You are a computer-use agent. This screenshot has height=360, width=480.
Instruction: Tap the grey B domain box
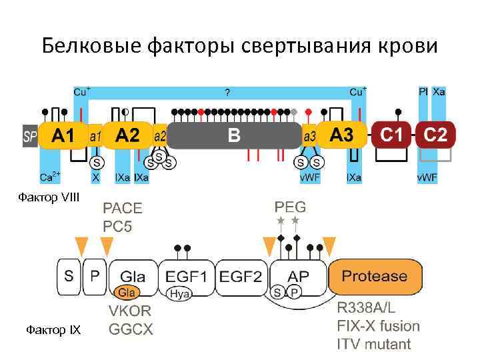point(233,136)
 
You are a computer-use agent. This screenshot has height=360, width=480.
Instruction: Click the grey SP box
point(30,136)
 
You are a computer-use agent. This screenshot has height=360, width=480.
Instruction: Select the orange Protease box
point(374,276)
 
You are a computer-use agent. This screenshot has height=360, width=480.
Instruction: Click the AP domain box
point(299,276)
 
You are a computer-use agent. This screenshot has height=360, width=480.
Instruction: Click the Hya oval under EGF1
point(178,293)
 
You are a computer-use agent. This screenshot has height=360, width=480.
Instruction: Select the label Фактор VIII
point(48,197)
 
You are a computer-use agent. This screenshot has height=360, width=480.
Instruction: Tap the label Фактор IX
point(53,330)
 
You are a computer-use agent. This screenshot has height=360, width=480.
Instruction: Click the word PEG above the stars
point(290,206)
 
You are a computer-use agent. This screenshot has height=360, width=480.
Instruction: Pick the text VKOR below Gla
point(130,311)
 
